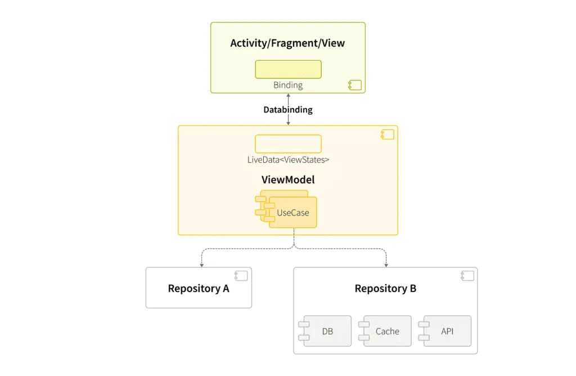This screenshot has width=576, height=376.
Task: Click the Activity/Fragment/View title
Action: pos(287,43)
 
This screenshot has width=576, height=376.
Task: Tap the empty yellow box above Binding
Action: pos(288,69)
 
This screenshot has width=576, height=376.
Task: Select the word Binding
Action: pos(288,86)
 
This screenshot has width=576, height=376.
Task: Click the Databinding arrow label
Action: pos(288,110)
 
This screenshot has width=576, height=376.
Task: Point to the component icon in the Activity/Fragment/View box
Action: pos(354,85)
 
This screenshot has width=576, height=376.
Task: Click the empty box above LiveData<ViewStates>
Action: pos(288,144)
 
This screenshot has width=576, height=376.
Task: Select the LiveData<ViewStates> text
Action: pos(288,160)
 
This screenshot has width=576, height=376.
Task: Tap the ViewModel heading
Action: pos(288,180)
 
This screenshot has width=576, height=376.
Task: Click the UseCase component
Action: pos(292,213)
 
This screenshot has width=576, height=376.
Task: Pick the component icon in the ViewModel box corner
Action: pos(387,135)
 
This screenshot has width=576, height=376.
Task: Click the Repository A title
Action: pos(199,289)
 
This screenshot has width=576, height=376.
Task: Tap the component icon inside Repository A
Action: pos(241,276)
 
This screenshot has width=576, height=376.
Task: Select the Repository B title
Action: pos(385,289)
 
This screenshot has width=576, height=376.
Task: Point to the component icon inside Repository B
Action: pos(467,276)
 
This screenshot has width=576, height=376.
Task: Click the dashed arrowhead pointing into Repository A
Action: pos(201,265)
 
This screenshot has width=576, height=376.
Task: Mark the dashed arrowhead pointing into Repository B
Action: pos(386,265)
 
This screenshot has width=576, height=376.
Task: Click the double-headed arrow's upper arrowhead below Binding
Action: pos(288,96)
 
